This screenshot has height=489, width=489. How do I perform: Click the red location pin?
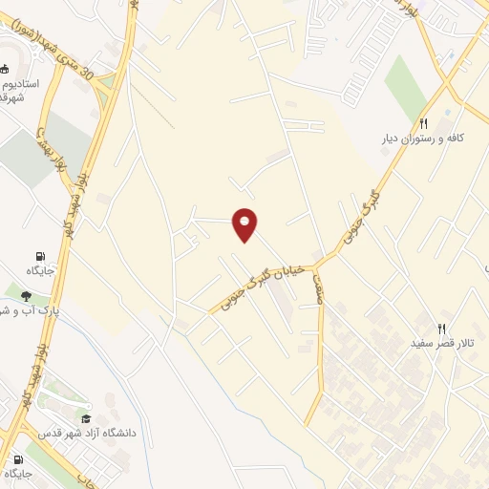pyautogui.click(x=245, y=224)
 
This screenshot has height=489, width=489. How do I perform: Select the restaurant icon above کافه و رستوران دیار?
pyautogui.click(x=423, y=123)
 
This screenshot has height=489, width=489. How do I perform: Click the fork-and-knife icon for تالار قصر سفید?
pyautogui.click(x=442, y=327)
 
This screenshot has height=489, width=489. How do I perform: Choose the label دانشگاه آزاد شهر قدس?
pyautogui.click(x=88, y=434)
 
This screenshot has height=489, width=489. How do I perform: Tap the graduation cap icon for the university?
pyautogui.click(x=87, y=418)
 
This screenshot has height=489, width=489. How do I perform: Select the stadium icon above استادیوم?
pyautogui.click(x=5, y=68)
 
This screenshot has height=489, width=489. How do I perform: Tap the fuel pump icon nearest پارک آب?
pyautogui.click(x=40, y=256)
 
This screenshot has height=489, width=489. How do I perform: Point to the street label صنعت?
pyautogui.click(x=316, y=287)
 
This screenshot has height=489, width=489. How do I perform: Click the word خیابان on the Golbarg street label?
pyautogui.click(x=294, y=269)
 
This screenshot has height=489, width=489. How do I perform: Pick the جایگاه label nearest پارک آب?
pyautogui.click(x=40, y=271)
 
